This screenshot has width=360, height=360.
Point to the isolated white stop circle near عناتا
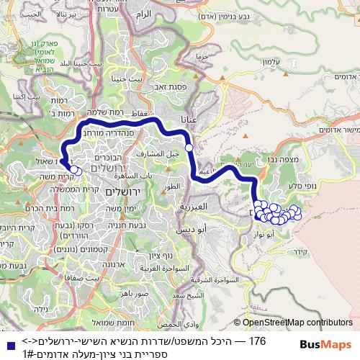click(x=189, y=148)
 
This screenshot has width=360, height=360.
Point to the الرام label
click(x=143, y=14)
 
